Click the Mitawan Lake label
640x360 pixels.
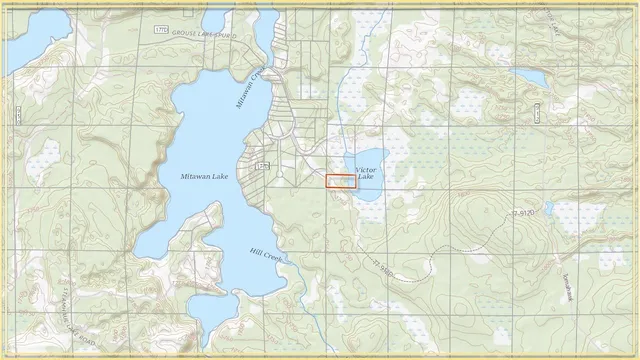tap(203, 176)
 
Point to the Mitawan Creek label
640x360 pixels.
tap(247, 88)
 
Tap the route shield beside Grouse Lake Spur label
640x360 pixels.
tap(162, 31)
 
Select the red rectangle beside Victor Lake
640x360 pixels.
tap(341, 182)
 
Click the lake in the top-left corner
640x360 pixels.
tap(25, 40)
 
